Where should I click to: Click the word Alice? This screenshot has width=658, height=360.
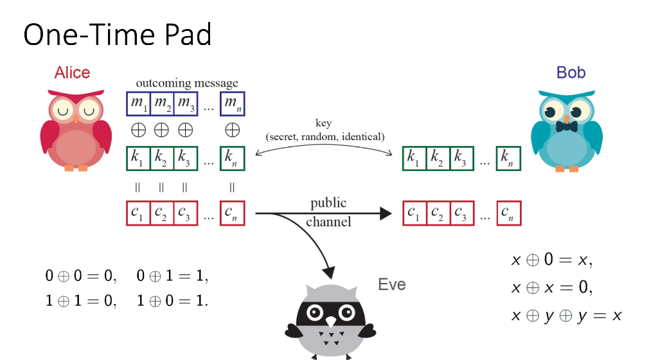[72, 72]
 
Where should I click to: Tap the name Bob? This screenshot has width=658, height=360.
[571, 72]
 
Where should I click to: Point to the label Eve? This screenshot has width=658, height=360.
[391, 284]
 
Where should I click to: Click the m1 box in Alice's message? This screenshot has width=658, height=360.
[138, 104]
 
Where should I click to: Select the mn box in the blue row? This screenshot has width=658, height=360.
[231, 104]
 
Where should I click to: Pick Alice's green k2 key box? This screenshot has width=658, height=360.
[161, 158]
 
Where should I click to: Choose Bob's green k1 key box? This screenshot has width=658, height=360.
[414, 158]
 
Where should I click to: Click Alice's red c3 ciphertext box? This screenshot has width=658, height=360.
[185, 213]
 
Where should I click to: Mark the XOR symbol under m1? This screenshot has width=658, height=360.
[138, 130]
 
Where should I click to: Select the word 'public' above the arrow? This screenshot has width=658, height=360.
[328, 203]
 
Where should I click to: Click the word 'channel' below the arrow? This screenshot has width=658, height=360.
[328, 222]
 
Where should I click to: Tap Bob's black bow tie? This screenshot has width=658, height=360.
[566, 127]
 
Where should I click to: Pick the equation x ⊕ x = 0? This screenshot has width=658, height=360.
[551, 287]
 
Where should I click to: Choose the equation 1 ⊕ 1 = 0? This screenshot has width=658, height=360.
[80, 300]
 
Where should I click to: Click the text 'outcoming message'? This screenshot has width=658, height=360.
[186, 83]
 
